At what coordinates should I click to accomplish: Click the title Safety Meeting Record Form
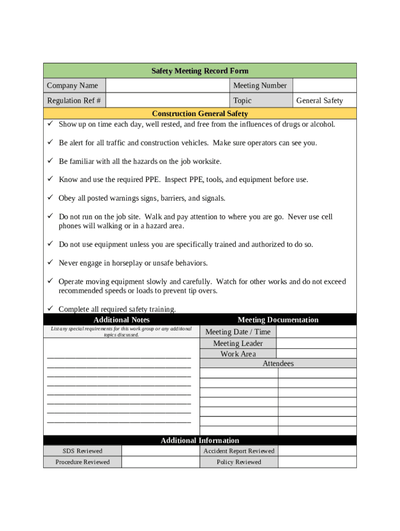coord(199,71)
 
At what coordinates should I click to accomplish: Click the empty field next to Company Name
coord(167,86)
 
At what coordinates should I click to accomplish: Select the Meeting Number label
coord(260,86)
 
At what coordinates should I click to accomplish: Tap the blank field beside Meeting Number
coord(325,86)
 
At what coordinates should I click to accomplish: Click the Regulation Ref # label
coord(74,101)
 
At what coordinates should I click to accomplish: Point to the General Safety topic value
coord(319,101)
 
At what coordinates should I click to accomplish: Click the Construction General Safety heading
coord(199,114)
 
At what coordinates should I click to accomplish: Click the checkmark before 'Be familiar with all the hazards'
coord(50,161)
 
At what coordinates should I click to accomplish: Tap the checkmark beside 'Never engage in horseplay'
coord(50,263)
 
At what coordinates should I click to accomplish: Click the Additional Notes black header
coord(122,320)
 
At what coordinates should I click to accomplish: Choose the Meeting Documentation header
coord(278,320)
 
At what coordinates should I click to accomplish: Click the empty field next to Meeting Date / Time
coord(316,332)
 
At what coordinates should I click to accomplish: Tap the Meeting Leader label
coord(238,343)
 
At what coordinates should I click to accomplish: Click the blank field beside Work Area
coord(316,354)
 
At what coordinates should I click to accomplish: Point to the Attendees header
coord(278,364)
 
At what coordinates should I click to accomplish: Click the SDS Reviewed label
coord(83,451)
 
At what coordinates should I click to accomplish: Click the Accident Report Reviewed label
coord(239,451)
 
